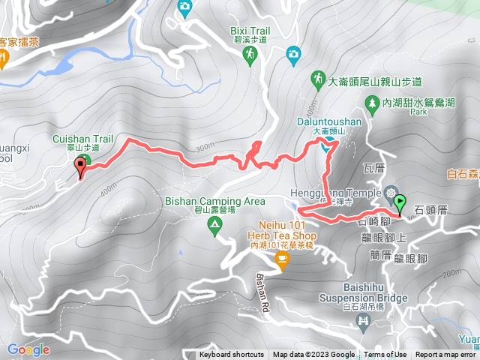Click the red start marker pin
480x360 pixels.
81,170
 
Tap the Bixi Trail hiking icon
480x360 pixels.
250,54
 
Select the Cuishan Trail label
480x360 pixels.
82,139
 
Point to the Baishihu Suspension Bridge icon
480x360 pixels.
364,322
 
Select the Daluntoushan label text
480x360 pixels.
326,120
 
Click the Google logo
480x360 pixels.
28,349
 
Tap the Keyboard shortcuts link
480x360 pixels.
232,355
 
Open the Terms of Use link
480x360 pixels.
385,355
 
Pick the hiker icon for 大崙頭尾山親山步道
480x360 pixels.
318,78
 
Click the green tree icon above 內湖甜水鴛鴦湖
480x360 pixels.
370,101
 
